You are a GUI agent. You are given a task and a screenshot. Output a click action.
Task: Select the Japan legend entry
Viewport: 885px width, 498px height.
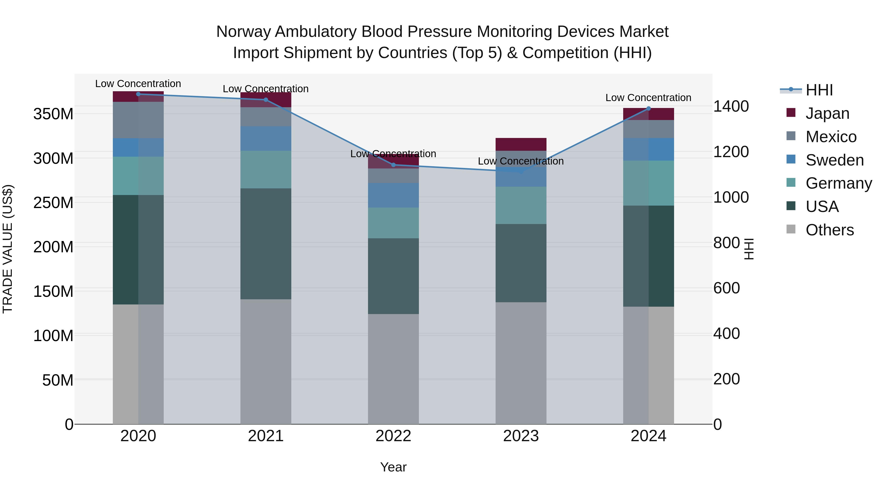point(827,113)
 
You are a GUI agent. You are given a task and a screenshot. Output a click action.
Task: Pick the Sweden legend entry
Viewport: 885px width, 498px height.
point(834,160)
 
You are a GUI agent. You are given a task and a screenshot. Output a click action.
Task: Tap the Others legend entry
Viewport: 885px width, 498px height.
point(829,230)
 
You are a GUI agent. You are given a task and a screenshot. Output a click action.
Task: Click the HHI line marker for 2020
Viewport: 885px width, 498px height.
point(138,94)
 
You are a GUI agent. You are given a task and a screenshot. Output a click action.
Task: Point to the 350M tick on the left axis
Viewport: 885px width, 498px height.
point(53,114)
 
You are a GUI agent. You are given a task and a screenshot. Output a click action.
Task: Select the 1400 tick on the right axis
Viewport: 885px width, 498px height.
point(731,106)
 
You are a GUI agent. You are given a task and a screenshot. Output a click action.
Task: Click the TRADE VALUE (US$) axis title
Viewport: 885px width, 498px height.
point(8,249)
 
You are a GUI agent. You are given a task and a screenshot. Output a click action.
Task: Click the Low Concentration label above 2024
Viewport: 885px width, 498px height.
point(648,98)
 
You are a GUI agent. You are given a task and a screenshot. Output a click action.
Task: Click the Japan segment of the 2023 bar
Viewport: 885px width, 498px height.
point(521,144)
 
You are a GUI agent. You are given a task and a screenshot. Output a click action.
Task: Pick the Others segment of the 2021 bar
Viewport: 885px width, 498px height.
point(265,362)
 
